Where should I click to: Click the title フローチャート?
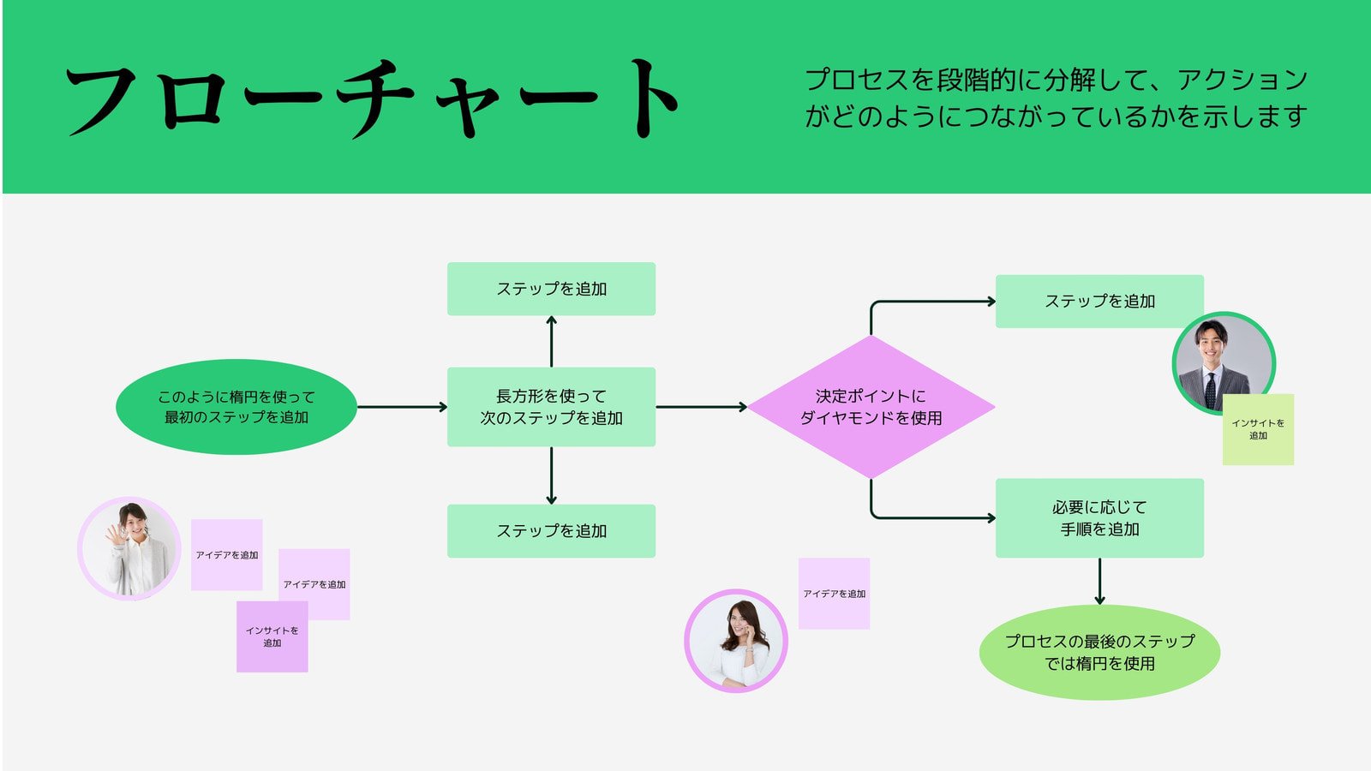click(373, 99)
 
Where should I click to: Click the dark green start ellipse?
click(236, 407)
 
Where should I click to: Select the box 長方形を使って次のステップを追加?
click(551, 407)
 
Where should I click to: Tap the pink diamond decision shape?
click(871, 407)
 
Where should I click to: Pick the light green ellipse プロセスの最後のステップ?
click(1099, 653)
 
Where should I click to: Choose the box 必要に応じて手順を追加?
click(1099, 518)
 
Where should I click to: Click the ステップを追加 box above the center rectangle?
click(551, 289)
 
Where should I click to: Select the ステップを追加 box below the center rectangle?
click(551, 531)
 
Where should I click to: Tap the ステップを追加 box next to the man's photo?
click(1099, 301)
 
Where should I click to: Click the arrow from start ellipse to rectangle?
click(401, 407)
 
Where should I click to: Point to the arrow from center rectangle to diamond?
click(701, 407)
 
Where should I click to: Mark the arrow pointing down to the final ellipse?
click(1099, 582)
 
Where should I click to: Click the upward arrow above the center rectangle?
click(551, 341)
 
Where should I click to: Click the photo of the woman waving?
click(129, 548)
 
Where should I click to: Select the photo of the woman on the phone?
click(735, 640)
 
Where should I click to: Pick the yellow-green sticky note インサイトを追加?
click(1258, 430)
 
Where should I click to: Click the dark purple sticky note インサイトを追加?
click(272, 637)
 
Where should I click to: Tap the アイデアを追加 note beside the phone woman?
click(834, 594)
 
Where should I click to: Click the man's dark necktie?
click(1210, 389)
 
